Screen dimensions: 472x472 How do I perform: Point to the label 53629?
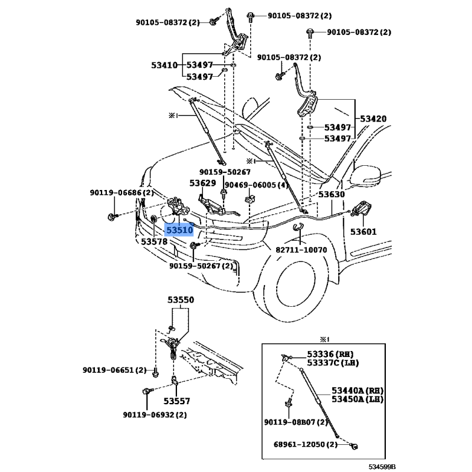[202, 183]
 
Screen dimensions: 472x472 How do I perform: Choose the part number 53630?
[332, 194]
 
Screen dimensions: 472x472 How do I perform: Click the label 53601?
[363, 232]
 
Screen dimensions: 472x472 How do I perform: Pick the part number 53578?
[154, 241]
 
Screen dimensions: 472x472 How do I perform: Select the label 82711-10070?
[301, 249]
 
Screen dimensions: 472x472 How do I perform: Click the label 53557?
[177, 401]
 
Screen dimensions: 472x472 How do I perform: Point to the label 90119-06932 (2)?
[155, 415]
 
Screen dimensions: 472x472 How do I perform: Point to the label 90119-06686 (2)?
[122, 192]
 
